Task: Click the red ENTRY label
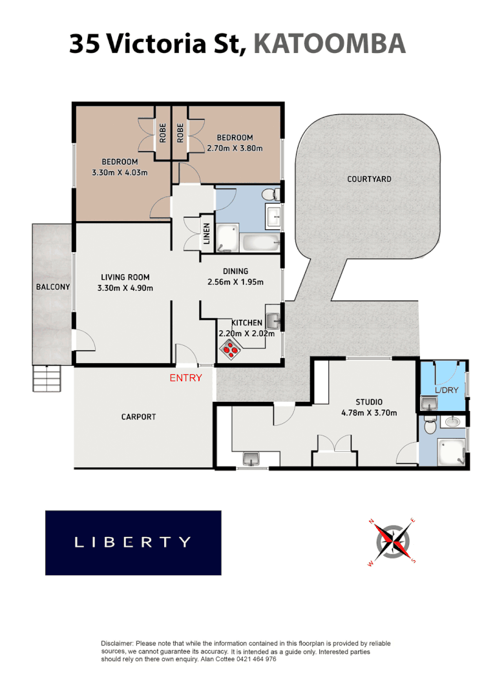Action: click(x=185, y=378)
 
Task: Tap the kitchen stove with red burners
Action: click(x=231, y=349)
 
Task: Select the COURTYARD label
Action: click(x=369, y=179)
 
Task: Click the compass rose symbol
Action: click(x=392, y=541)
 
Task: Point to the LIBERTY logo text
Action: click(x=132, y=542)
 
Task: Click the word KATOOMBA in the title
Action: click(x=330, y=44)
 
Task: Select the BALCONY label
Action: click(x=52, y=287)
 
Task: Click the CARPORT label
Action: click(x=138, y=417)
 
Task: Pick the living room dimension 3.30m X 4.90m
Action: click(x=125, y=288)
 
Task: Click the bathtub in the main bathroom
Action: click(x=260, y=244)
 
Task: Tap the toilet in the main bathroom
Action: click(x=271, y=195)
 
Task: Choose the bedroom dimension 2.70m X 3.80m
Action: click(x=235, y=148)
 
